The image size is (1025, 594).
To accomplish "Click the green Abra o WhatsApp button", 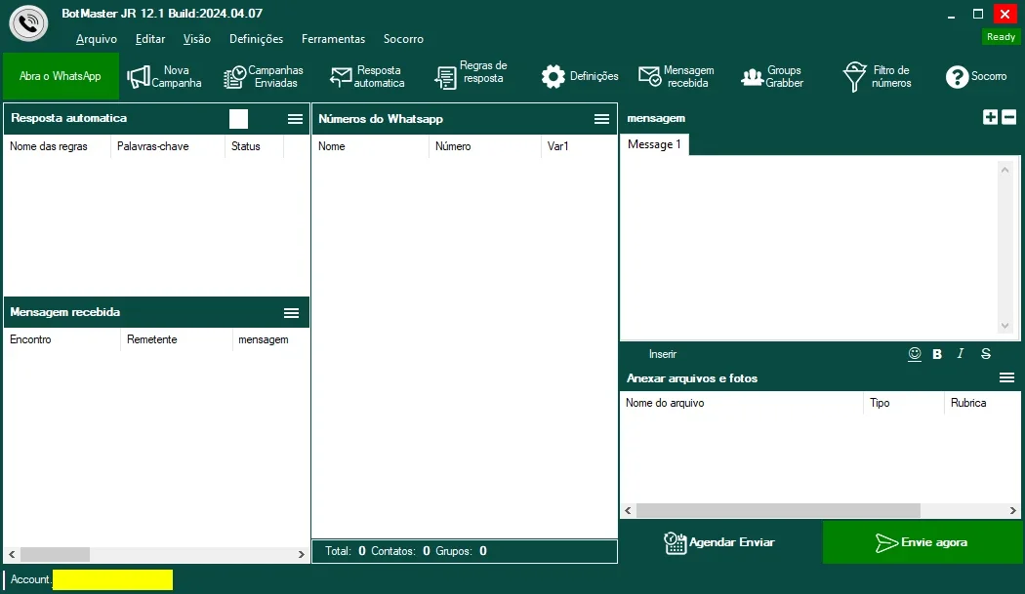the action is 61,76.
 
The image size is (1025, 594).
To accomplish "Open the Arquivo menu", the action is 96,39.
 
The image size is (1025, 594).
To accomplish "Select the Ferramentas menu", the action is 333,39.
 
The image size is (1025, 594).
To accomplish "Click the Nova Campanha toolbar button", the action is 164,76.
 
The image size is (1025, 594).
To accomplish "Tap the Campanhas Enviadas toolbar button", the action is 263,76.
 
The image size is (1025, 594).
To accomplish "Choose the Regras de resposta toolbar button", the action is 471,76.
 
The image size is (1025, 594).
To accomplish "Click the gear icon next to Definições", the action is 553,76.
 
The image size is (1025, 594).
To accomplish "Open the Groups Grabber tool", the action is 772,76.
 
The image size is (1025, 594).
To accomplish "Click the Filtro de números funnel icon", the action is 854,76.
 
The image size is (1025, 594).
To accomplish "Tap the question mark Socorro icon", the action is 957,77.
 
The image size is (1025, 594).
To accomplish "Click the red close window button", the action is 1004,14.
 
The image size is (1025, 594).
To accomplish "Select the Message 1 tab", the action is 654,144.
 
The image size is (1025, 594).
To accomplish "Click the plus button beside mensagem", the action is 990,117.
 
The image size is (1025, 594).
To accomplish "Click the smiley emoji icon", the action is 915,353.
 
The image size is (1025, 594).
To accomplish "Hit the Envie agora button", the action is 922,542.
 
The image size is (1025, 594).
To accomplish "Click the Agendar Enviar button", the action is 719,542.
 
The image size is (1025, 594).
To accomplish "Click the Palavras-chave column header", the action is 153,146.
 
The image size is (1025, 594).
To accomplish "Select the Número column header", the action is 453,146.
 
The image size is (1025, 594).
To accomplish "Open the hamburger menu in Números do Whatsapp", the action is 601,119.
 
